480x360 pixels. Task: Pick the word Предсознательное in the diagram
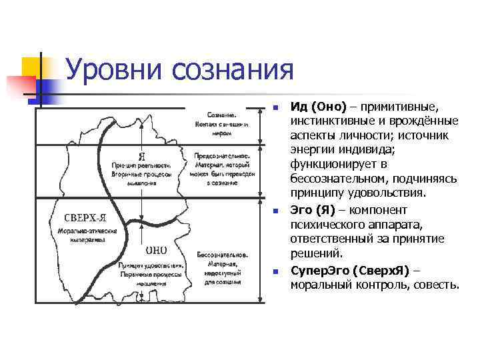223,154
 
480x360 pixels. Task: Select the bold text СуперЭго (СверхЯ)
349,271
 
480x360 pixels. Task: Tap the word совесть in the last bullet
436,286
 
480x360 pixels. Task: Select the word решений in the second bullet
317,254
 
